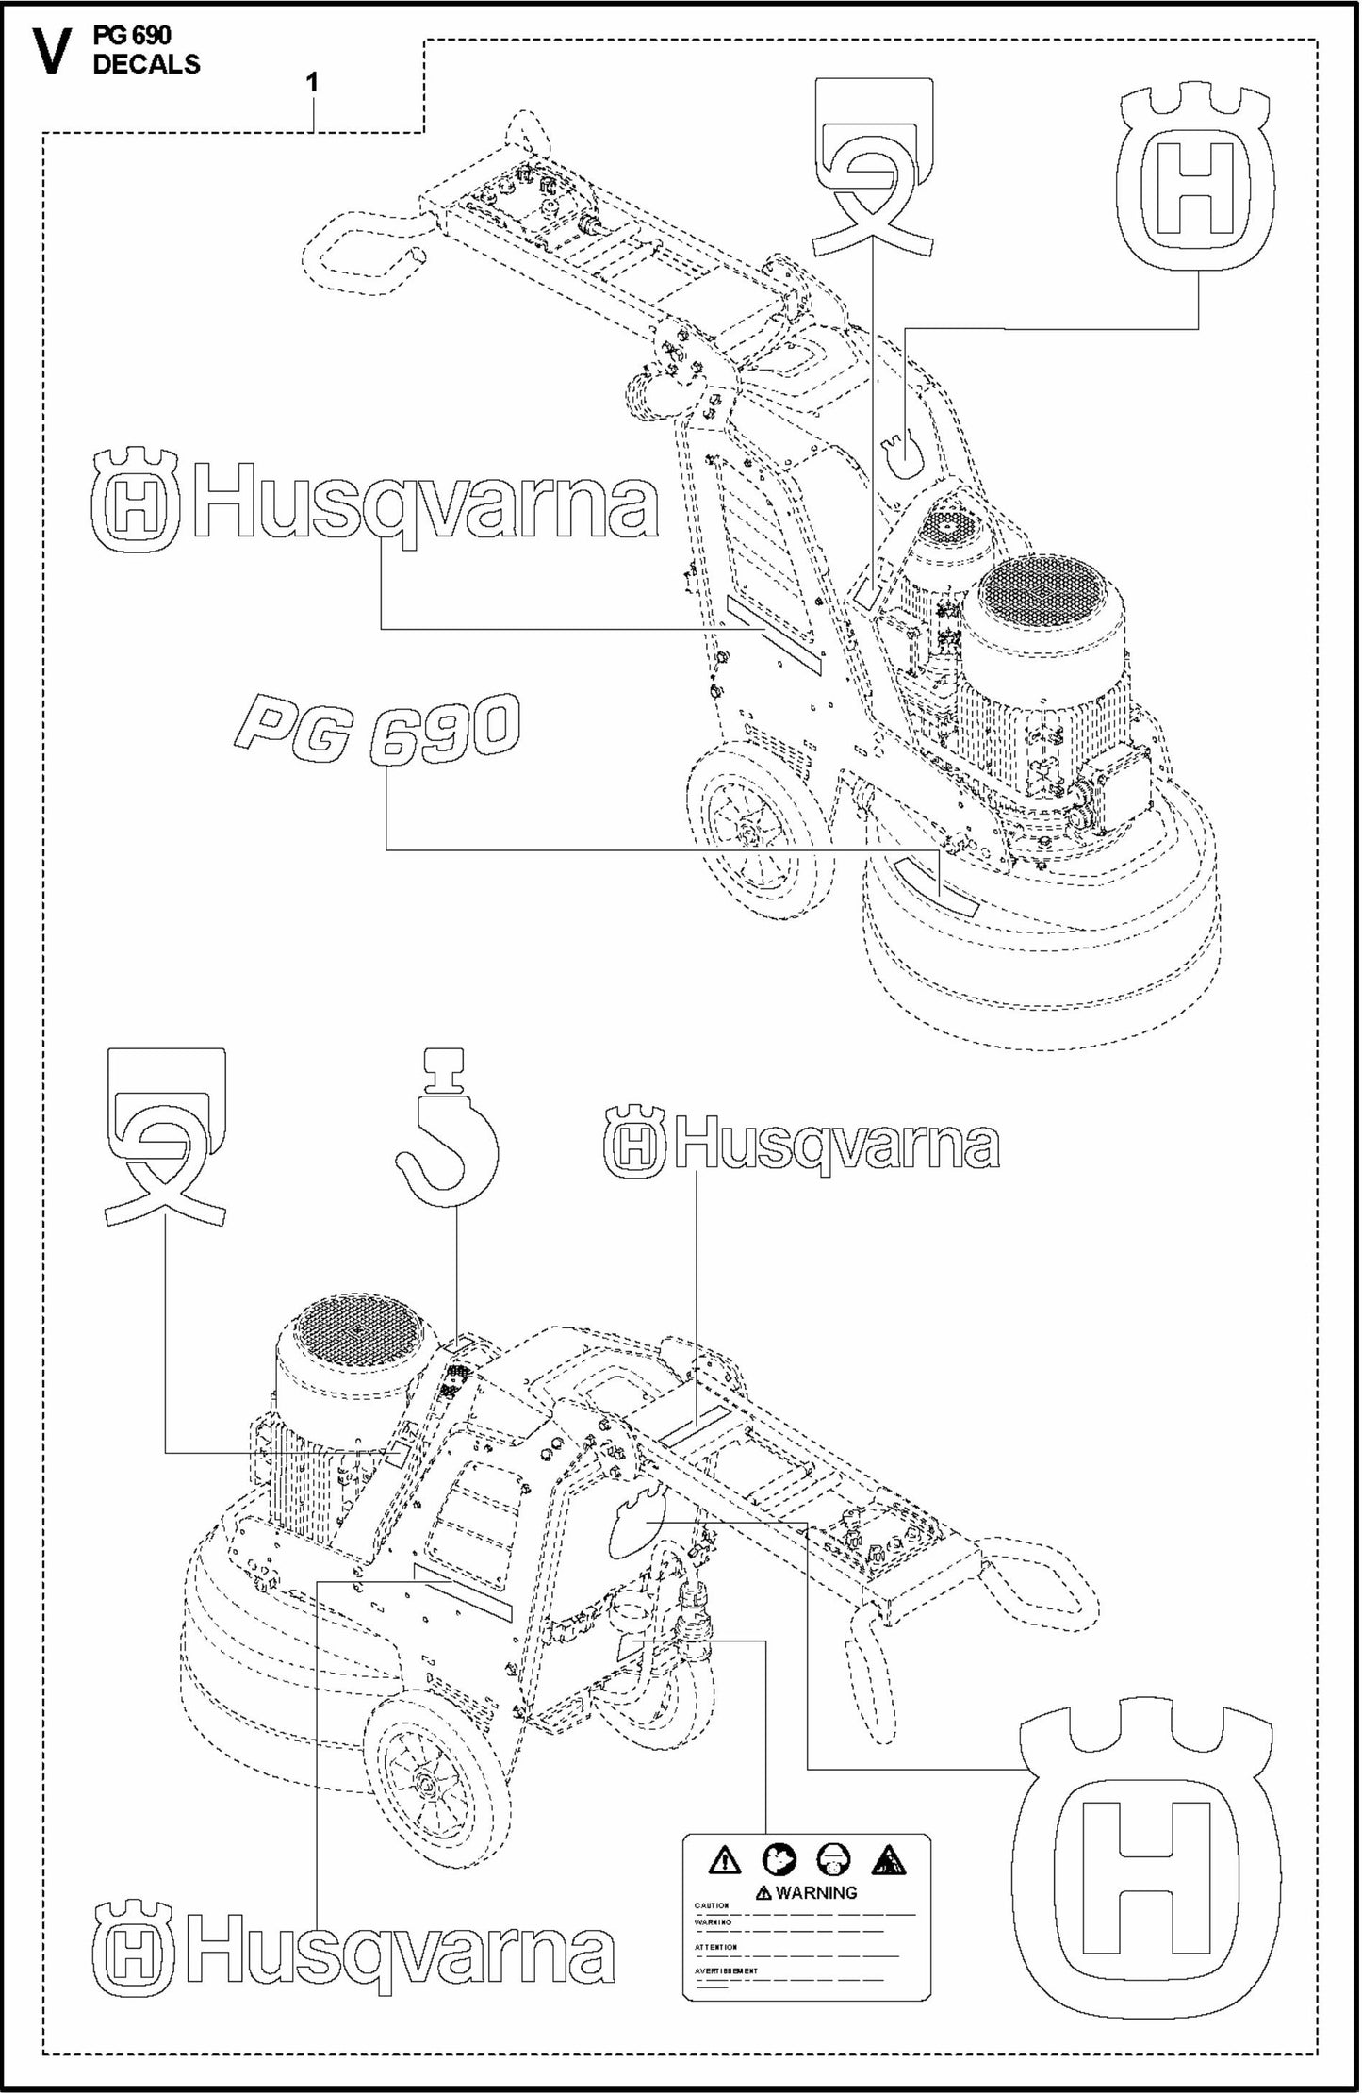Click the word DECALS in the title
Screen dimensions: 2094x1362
click(146, 65)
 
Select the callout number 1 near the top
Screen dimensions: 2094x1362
click(312, 83)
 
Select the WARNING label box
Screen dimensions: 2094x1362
click(805, 1915)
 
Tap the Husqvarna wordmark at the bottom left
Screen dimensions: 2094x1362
click(353, 1952)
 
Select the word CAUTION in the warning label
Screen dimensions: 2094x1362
click(713, 1905)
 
